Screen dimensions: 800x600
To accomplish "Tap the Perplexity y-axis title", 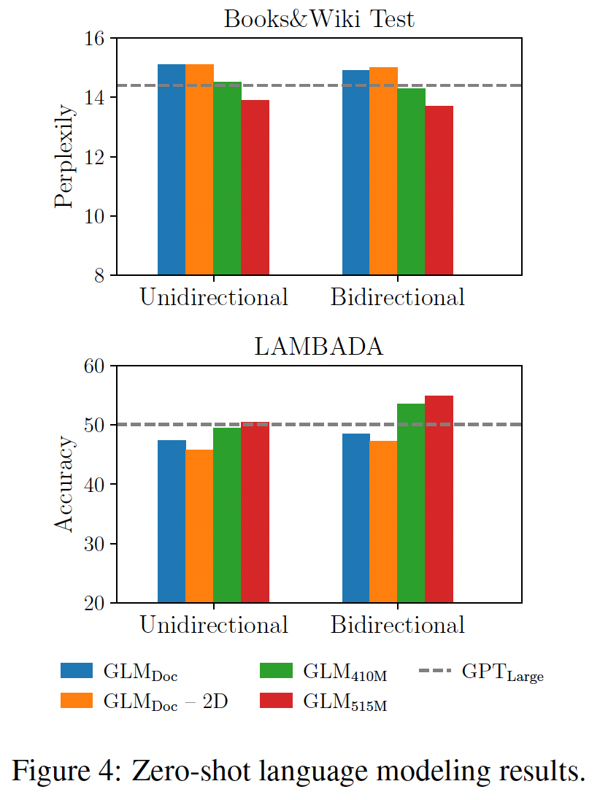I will pos(64,156).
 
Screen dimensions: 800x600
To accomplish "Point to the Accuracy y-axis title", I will pos(64,484).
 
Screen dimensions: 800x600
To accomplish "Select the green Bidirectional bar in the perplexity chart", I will pos(411,182).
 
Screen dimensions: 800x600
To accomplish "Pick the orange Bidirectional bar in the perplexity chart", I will pos(383,171).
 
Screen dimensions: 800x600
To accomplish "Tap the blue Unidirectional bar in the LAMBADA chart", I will pos(172,521).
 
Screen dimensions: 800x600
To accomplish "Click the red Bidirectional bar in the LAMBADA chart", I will pos(439,499).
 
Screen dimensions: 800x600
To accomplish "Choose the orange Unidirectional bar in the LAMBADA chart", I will pos(199,526).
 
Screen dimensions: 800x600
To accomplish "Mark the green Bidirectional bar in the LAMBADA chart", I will pos(411,503).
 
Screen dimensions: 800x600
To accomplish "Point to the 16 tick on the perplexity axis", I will pos(96,38).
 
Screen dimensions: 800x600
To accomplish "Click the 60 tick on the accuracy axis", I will pos(96,366).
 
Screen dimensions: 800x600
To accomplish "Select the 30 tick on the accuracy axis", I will pos(96,544).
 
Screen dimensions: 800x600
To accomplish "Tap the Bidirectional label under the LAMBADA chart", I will pos(398,626).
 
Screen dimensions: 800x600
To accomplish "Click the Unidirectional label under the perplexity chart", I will pos(214,298).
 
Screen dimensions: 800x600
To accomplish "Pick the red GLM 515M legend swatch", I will pos(277,700).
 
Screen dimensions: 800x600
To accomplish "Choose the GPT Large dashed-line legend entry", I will pos(482,672).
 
